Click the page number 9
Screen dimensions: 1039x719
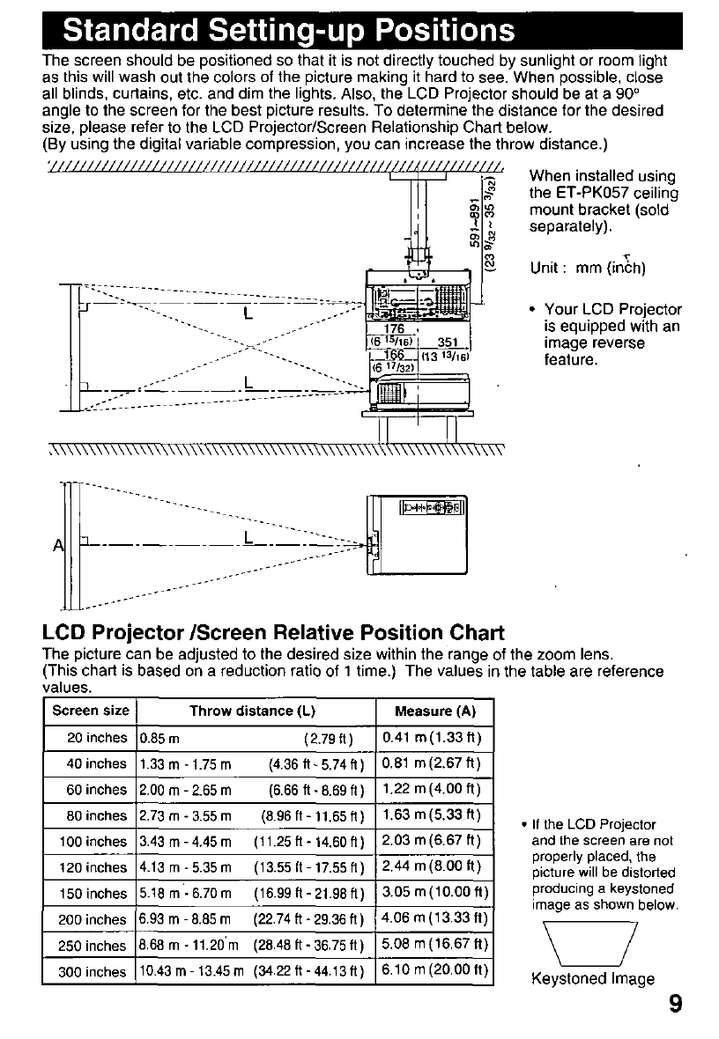point(674,1006)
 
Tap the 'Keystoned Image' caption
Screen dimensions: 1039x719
point(592,978)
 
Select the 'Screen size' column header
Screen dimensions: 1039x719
point(91,711)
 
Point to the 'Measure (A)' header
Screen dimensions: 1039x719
point(435,711)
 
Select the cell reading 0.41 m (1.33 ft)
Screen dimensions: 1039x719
point(434,737)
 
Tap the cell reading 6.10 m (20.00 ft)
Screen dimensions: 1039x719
point(434,971)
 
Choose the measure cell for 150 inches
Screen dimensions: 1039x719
point(434,894)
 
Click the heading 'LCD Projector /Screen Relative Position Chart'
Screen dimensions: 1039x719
point(273,632)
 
